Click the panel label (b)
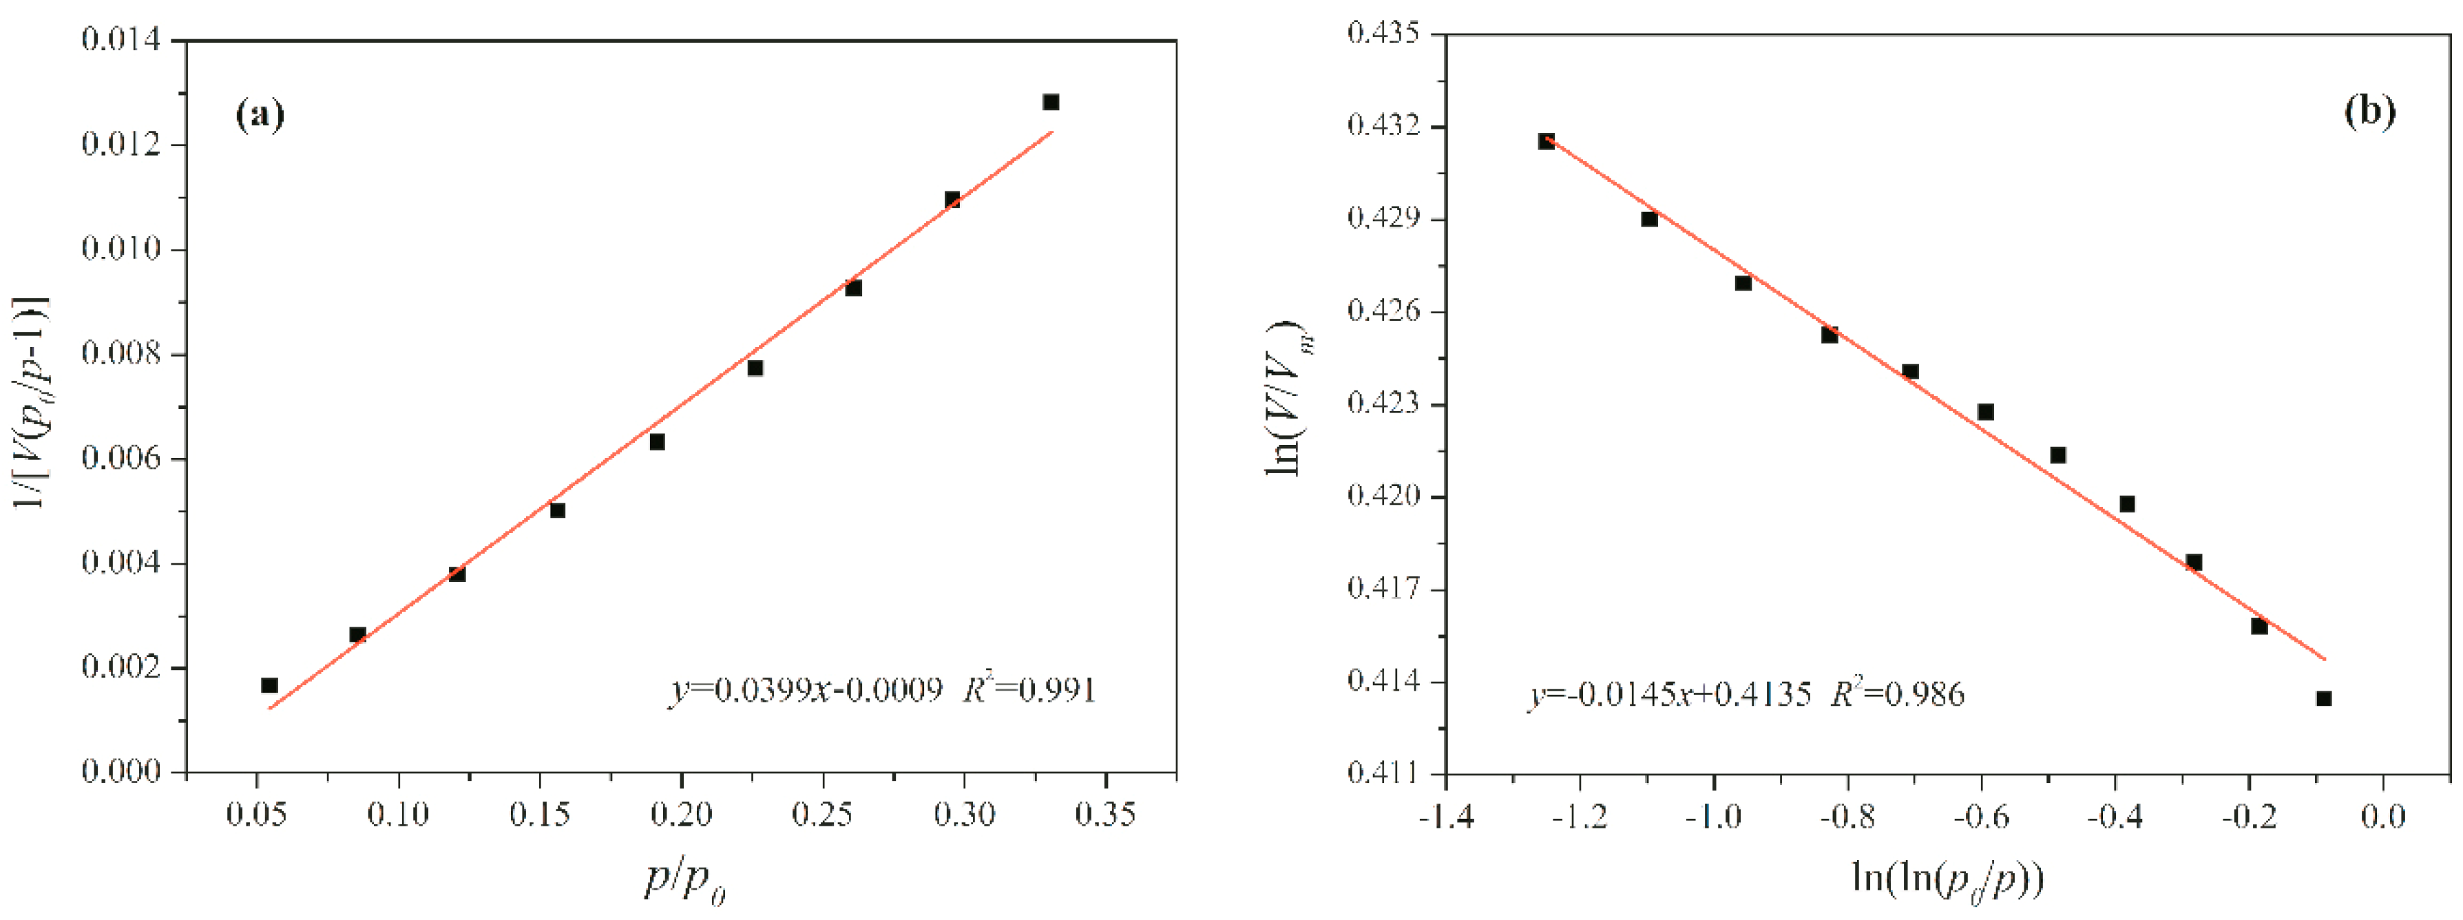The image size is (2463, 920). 2369,111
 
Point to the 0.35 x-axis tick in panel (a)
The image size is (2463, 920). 1105,815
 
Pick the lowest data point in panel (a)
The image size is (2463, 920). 270,684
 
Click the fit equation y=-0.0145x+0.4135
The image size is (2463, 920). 1668,694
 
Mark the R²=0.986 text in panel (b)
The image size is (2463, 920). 1898,693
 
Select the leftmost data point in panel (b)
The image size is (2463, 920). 1546,142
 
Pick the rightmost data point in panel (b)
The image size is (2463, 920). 2323,698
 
